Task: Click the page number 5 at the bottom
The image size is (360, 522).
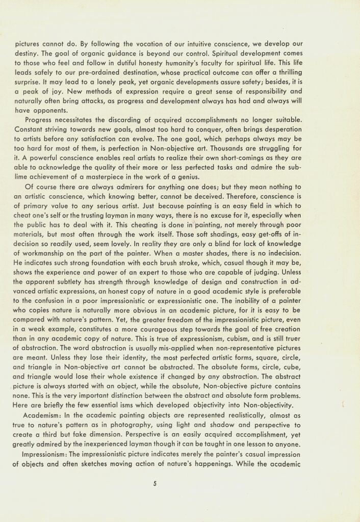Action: click(x=154, y=484)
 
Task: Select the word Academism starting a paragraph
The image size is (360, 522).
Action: click(x=45, y=416)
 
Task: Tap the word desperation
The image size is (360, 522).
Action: click(x=322, y=129)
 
